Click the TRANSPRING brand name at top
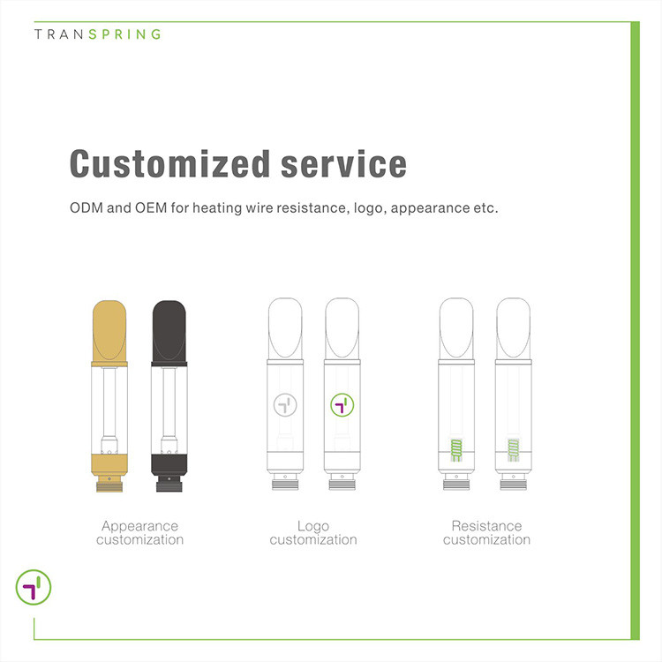tap(97, 34)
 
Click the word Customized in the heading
tap(169, 164)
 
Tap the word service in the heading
tap(343, 164)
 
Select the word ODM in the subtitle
tap(87, 207)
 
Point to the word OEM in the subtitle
tap(151, 207)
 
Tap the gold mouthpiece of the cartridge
tap(109, 333)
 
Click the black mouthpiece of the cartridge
tap(169, 333)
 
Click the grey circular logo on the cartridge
tap(285, 405)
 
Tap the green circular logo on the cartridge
tap(342, 405)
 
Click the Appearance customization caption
tap(139, 533)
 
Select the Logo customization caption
tap(313, 533)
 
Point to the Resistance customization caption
tap(486, 533)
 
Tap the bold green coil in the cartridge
tap(456, 450)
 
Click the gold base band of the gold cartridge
tap(109, 464)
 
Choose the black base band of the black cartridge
tap(169, 464)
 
